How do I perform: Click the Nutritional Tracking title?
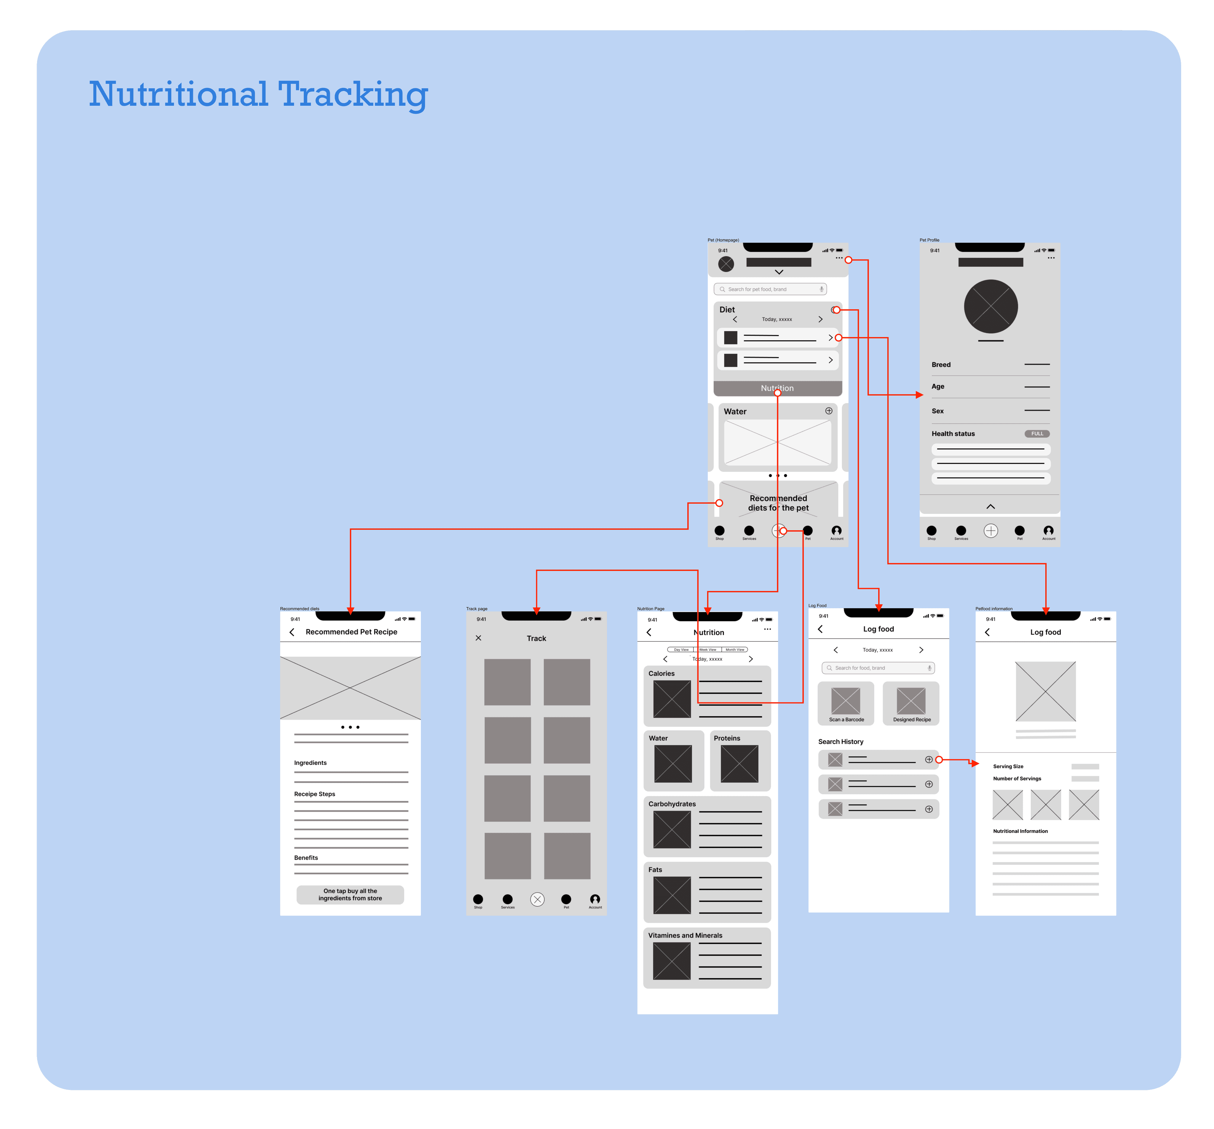[x=258, y=95]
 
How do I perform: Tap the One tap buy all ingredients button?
[x=350, y=895]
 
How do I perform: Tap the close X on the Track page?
[x=478, y=638]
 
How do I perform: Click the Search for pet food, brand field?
[x=769, y=289]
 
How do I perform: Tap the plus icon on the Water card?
[x=829, y=411]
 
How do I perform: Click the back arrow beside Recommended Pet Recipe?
[x=292, y=632]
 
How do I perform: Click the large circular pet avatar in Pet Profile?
[x=991, y=306]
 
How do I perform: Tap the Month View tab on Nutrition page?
[x=735, y=649]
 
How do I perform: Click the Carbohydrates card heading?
[x=672, y=804]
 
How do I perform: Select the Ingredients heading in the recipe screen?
[x=310, y=763]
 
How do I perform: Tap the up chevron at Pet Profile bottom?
[x=991, y=507]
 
